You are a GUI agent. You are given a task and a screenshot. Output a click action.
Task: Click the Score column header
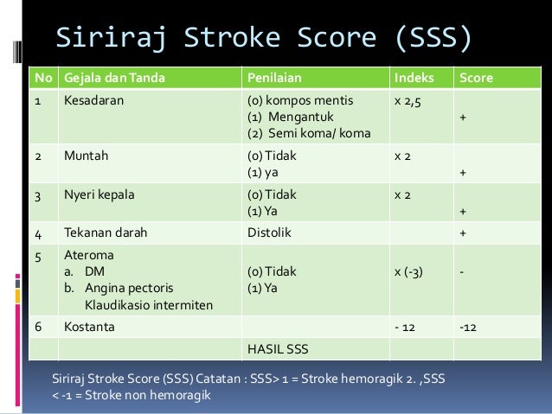point(477,78)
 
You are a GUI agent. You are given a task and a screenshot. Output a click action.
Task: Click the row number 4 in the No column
point(38,232)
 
